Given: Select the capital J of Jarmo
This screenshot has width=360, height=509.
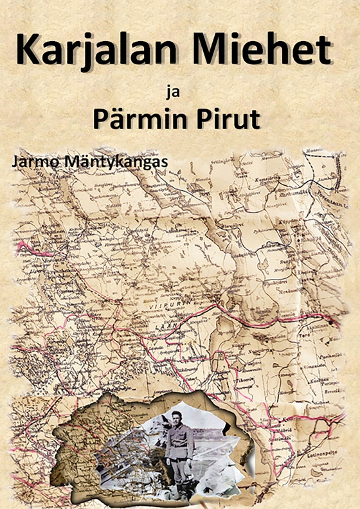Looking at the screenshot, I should tap(23, 161).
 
